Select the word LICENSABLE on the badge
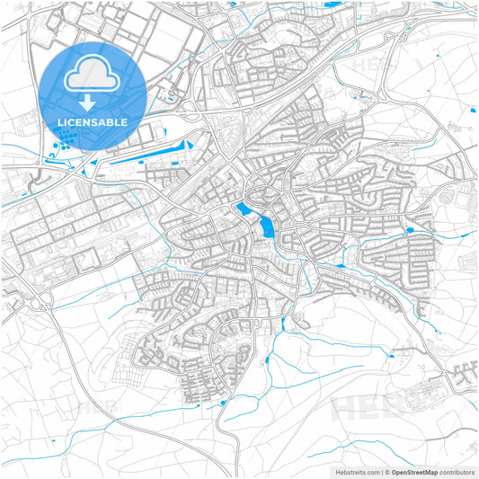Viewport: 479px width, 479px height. point(93,121)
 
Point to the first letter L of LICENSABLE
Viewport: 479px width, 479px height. point(60,121)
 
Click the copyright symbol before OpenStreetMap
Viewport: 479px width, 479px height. point(388,472)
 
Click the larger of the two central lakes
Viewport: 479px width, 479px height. point(266,226)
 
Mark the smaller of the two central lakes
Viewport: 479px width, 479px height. point(244,210)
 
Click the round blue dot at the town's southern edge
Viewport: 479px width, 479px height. point(222,403)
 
